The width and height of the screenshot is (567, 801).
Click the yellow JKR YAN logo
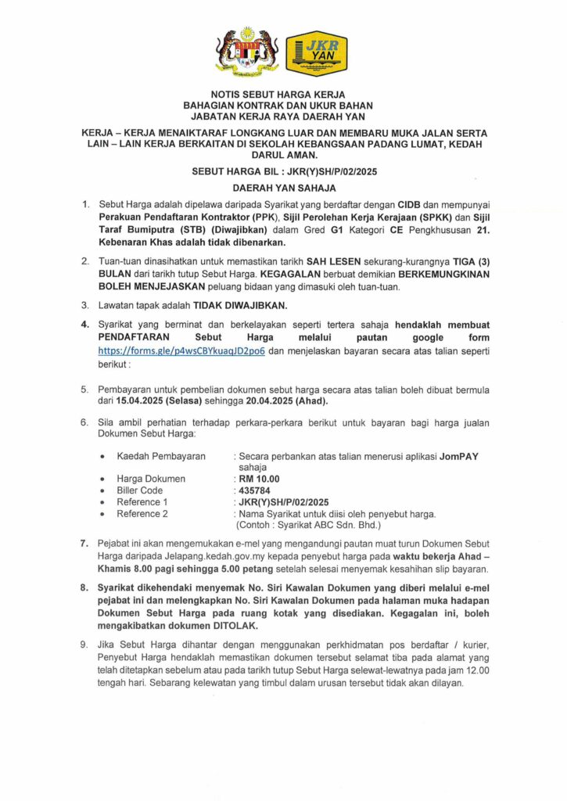pos(317,53)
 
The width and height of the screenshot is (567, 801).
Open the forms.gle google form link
pos(181,351)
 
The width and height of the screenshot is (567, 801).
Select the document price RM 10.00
pos(258,479)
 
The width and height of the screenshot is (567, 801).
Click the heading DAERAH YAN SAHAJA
pos(284,188)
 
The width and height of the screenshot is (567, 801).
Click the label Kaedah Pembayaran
pos(161,456)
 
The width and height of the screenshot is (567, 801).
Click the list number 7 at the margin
pos(84,542)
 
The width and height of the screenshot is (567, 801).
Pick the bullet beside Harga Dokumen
pos(103,479)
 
